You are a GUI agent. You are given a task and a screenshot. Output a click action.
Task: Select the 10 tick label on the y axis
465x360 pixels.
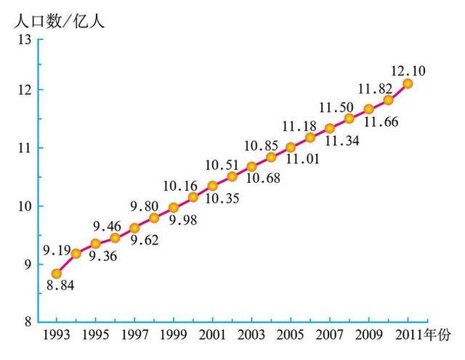click(23, 206)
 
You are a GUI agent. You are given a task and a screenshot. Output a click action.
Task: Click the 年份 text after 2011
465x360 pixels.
click(438, 335)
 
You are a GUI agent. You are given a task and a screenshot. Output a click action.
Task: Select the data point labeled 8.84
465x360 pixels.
click(56, 274)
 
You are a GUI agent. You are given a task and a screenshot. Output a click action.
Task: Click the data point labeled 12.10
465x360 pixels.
click(408, 83)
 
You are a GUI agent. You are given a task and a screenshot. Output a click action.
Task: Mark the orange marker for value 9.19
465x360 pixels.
click(76, 253)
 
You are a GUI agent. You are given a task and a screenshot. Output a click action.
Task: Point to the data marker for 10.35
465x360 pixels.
click(213, 186)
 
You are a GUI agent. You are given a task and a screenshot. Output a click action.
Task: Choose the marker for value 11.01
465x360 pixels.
click(291, 147)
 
